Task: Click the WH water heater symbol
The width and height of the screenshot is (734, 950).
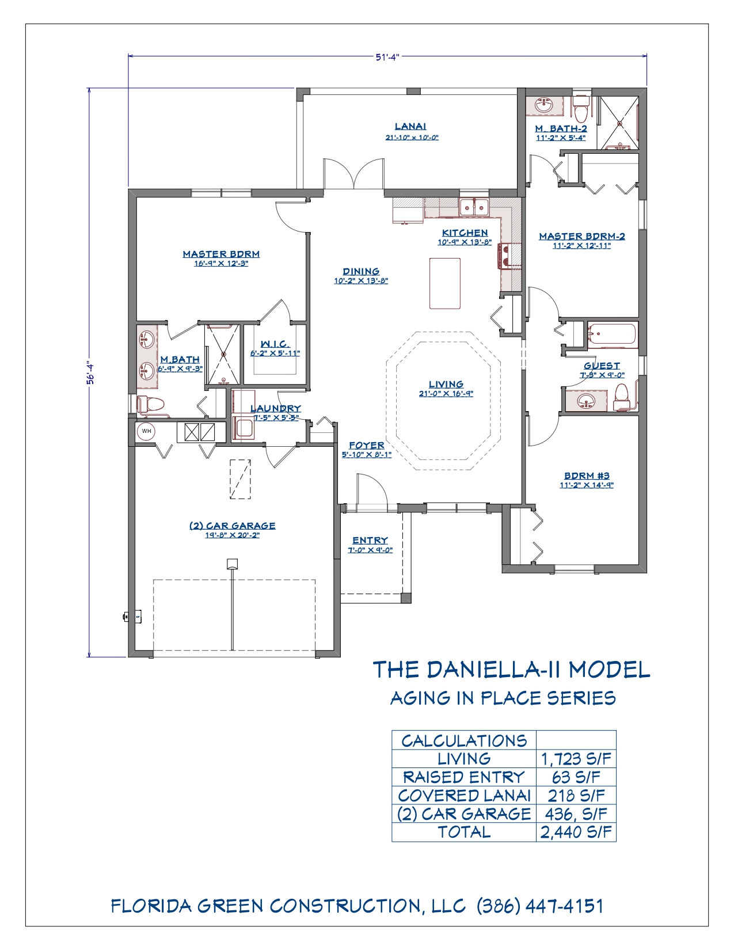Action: click(x=146, y=431)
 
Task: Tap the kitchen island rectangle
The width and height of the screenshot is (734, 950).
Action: click(x=445, y=283)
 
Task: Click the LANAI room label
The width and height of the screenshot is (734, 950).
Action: click(x=410, y=126)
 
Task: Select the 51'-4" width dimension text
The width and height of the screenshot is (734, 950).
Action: click(x=388, y=57)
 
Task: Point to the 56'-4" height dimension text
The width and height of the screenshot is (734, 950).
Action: click(x=91, y=373)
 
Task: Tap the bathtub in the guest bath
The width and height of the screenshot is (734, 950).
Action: click(x=613, y=336)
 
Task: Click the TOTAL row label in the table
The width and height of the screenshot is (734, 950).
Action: click(x=464, y=832)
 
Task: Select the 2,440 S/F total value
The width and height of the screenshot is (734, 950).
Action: click(x=576, y=832)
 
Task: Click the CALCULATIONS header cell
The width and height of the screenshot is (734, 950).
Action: click(x=464, y=740)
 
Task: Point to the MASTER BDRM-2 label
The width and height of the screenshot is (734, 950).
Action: click(x=582, y=236)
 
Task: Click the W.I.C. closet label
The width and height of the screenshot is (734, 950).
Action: click(x=275, y=344)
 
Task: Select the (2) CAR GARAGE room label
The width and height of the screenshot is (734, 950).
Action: click(x=232, y=526)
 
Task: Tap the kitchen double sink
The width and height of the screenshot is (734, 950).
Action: click(x=474, y=206)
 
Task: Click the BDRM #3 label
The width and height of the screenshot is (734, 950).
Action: click(x=587, y=476)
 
